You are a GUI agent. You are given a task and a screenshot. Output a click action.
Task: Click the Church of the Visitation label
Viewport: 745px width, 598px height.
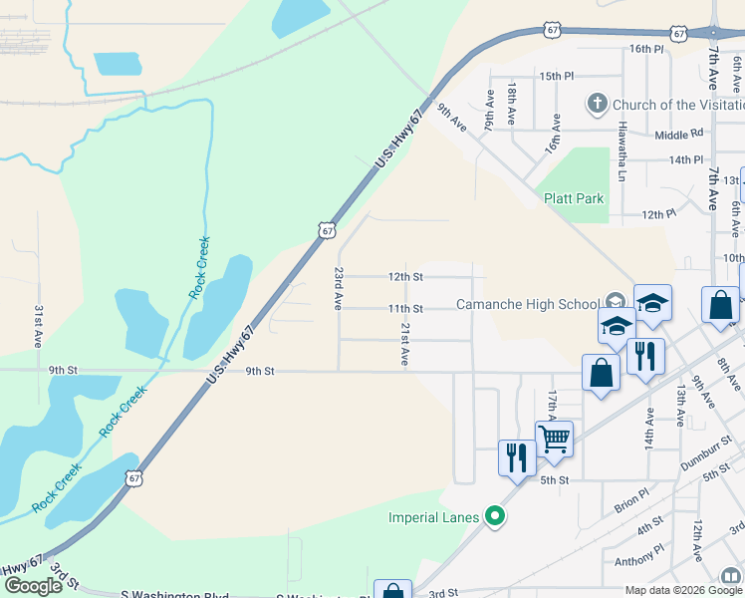pyautogui.click(x=677, y=105)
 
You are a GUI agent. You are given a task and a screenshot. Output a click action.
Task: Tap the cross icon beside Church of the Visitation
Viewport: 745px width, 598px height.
pyautogui.click(x=598, y=104)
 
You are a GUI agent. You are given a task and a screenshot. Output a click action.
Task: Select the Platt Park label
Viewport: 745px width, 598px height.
pyautogui.click(x=574, y=198)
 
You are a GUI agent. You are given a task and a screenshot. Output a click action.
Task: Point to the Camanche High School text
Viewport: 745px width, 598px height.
pyautogui.click(x=527, y=304)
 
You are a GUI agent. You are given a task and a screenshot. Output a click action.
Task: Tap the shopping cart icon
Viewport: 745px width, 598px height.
pyautogui.click(x=554, y=436)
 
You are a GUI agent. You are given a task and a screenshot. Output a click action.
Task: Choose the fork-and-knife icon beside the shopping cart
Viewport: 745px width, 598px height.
pyautogui.click(x=516, y=456)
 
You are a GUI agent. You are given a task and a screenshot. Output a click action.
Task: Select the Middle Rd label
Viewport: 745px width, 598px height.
pyautogui.click(x=679, y=134)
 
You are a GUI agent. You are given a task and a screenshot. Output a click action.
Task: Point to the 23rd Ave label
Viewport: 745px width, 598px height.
pyautogui.click(x=339, y=285)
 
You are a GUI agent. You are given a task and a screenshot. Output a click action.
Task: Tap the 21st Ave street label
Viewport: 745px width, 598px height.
pyautogui.click(x=405, y=344)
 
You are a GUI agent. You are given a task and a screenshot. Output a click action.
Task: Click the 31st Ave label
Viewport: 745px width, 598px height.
pyautogui.click(x=39, y=325)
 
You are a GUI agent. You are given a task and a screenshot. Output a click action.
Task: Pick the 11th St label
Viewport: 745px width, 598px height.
pyautogui.click(x=405, y=309)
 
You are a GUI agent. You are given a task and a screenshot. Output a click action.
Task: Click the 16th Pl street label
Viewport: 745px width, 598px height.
pyautogui.click(x=645, y=48)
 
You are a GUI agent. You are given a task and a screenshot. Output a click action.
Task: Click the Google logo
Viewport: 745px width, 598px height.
pyautogui.click(x=33, y=586)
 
